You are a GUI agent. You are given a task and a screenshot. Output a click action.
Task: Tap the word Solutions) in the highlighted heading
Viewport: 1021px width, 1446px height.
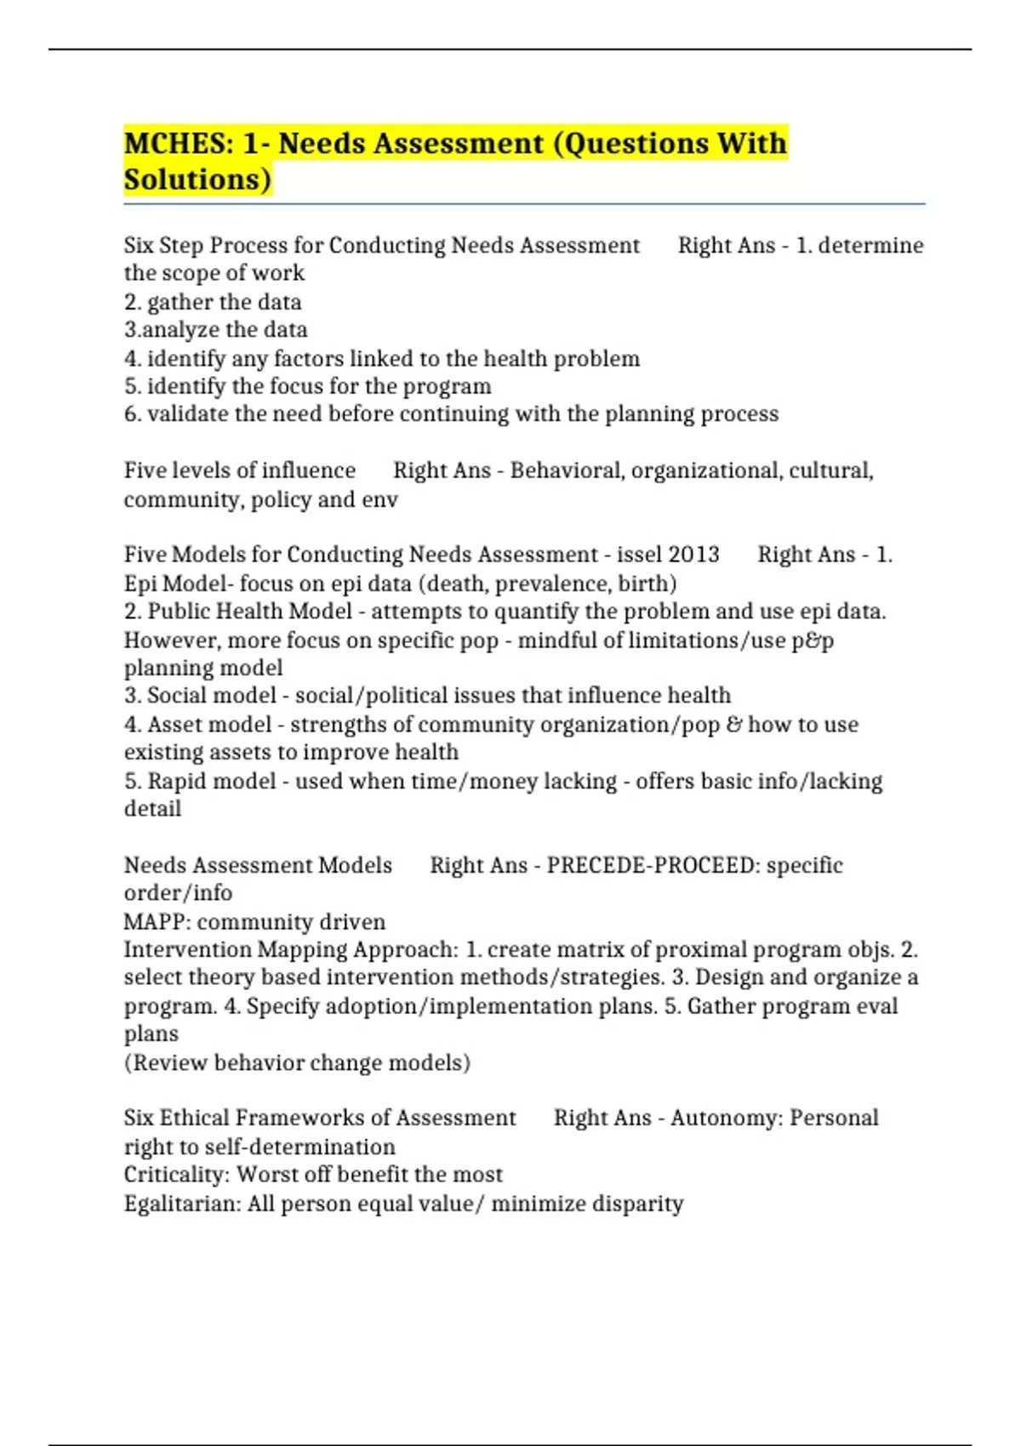197,179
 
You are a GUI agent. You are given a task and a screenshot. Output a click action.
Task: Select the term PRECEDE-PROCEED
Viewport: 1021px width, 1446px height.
653,865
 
